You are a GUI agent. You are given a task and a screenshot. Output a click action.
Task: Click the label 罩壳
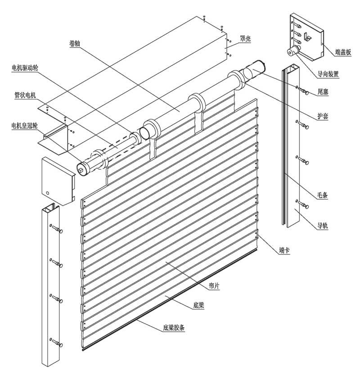point(246,39)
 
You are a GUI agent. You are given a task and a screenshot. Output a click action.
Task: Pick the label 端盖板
point(343,52)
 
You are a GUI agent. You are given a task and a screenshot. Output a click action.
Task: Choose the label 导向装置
point(328,74)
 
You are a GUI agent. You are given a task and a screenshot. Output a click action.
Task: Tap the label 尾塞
point(323,91)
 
